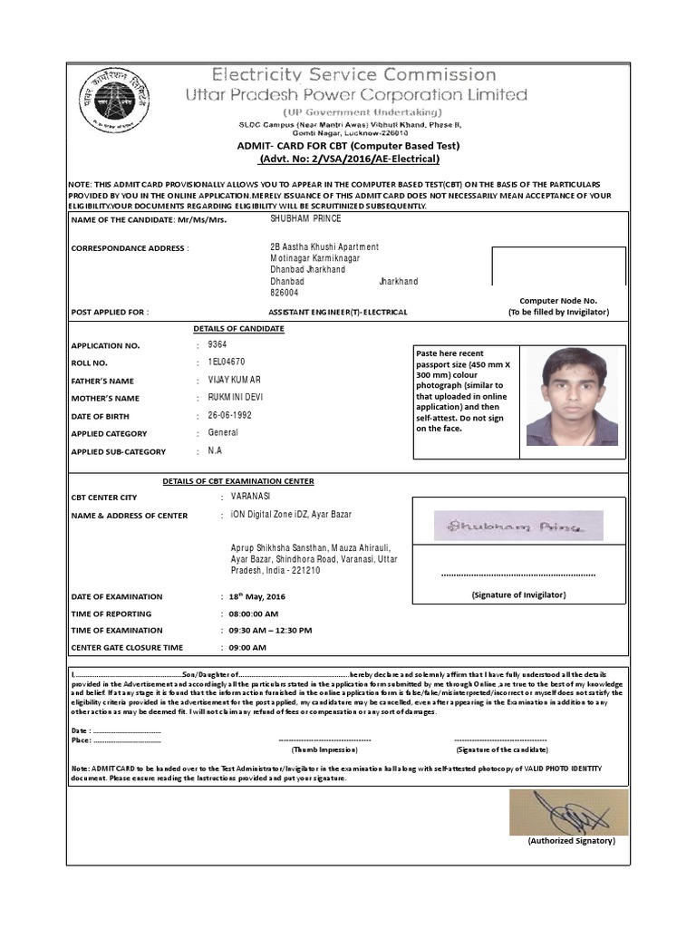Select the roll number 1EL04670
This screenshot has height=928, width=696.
227,362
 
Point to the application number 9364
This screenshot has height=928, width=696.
217,345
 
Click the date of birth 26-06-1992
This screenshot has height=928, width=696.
229,415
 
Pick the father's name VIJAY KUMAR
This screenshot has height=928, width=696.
234,381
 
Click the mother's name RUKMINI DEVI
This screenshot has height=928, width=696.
236,398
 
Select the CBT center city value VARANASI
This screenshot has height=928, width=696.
250,497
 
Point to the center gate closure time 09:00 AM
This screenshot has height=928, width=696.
247,648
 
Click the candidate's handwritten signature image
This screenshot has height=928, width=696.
517,526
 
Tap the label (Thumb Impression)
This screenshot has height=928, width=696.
324,750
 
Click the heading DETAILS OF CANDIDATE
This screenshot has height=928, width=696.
238,328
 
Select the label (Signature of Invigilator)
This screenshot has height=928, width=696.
518,595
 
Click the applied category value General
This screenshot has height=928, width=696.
223,433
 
